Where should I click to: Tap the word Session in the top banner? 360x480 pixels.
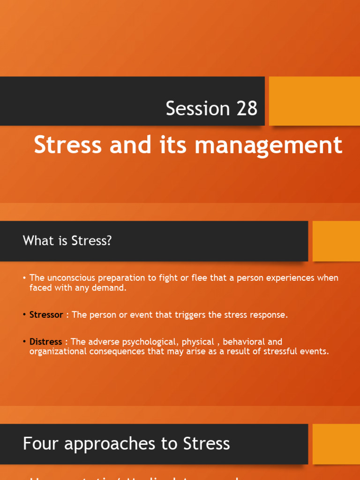[192, 108]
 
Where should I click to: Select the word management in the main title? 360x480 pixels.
[269, 145]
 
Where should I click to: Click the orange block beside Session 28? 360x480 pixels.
[314, 101]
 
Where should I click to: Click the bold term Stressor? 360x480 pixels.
[46, 315]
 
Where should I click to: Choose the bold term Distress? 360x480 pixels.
[45, 342]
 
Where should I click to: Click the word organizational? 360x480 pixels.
[57, 352]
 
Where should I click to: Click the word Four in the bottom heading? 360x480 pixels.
[41, 443]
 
